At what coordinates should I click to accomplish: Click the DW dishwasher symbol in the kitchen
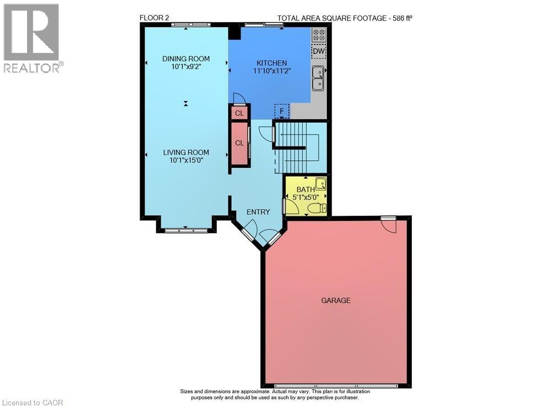click(x=319, y=52)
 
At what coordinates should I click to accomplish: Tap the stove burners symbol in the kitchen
click(x=319, y=35)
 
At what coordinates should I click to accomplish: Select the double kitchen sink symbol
click(x=318, y=78)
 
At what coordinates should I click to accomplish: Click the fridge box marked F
click(x=282, y=111)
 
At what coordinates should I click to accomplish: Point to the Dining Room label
click(x=185, y=59)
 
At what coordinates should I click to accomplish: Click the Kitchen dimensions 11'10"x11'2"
click(x=272, y=71)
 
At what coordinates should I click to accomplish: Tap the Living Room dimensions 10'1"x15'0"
click(x=185, y=161)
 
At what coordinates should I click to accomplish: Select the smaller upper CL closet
click(x=239, y=113)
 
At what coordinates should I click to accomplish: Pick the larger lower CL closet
click(x=240, y=143)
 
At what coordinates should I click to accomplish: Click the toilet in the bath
click(x=316, y=208)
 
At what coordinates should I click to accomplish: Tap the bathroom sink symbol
click(x=320, y=183)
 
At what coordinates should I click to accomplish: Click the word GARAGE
click(x=336, y=300)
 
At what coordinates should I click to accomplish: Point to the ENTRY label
click(x=258, y=212)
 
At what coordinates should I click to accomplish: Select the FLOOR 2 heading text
click(x=154, y=18)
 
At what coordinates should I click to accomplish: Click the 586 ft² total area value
click(x=402, y=18)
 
